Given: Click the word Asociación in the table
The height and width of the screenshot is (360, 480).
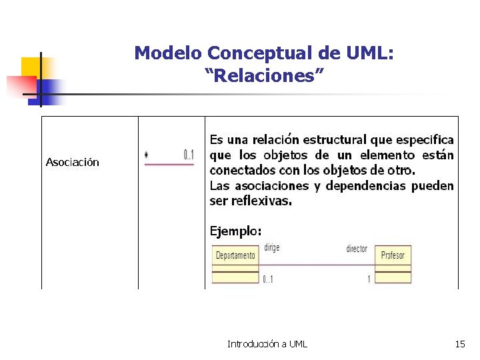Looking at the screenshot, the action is (x=72, y=162).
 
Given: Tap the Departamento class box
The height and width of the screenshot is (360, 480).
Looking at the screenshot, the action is (x=235, y=255).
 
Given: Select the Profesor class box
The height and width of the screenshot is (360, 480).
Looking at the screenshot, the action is (x=393, y=255).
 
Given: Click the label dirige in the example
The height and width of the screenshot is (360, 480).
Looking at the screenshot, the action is (x=271, y=247).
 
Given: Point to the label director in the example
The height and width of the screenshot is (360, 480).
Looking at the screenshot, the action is (x=357, y=249).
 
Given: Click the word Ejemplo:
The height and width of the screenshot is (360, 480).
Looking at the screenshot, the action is (x=236, y=231).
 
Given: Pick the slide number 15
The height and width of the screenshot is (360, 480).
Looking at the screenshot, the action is (x=460, y=344).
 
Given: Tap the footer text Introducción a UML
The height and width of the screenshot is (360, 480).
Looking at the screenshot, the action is (x=267, y=344).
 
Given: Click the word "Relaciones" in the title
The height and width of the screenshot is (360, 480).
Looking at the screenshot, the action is (x=264, y=75).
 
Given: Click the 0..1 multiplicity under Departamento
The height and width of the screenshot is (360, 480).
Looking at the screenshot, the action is (x=267, y=279).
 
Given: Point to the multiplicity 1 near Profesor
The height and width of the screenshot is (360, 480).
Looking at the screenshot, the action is (x=369, y=279).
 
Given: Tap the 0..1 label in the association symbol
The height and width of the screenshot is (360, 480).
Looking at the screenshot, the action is (x=189, y=155).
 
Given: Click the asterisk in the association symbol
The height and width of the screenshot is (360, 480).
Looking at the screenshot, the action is (x=146, y=155).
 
